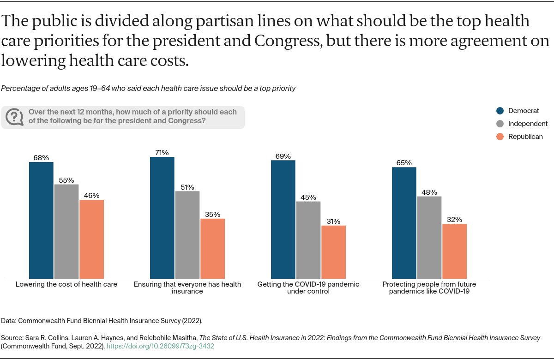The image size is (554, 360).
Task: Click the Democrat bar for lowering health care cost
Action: pyautogui.click(x=41, y=220)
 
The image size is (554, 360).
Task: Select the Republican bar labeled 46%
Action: pyautogui.click(x=91, y=239)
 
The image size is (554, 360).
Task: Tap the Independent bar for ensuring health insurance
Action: pyautogui.click(x=187, y=234)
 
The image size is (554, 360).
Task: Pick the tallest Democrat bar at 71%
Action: pyautogui.click(x=162, y=217)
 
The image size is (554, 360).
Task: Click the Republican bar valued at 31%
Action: pyautogui.click(x=333, y=252)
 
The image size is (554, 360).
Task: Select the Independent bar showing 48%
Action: pyautogui.click(x=429, y=237)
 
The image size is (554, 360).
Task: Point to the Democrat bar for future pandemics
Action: pyautogui.click(x=404, y=222)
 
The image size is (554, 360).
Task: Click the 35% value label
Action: pyautogui.click(x=212, y=214)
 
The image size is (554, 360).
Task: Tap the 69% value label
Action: pyautogui.click(x=283, y=156)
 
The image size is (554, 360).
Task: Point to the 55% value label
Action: pyautogui.click(x=66, y=180)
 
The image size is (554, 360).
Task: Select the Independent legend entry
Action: pyautogui.click(x=522, y=124)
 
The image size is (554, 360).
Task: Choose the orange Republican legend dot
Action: pyautogui.click(x=500, y=137)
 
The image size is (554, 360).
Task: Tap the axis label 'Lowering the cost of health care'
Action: pyautogui.click(x=66, y=284)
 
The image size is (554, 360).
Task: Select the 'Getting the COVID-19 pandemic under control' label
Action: pyautogui.click(x=308, y=288)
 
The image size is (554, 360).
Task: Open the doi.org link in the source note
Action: pyautogui.click(x=160, y=346)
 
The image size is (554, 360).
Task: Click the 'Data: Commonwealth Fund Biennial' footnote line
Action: pyautogui.click(x=102, y=320)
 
